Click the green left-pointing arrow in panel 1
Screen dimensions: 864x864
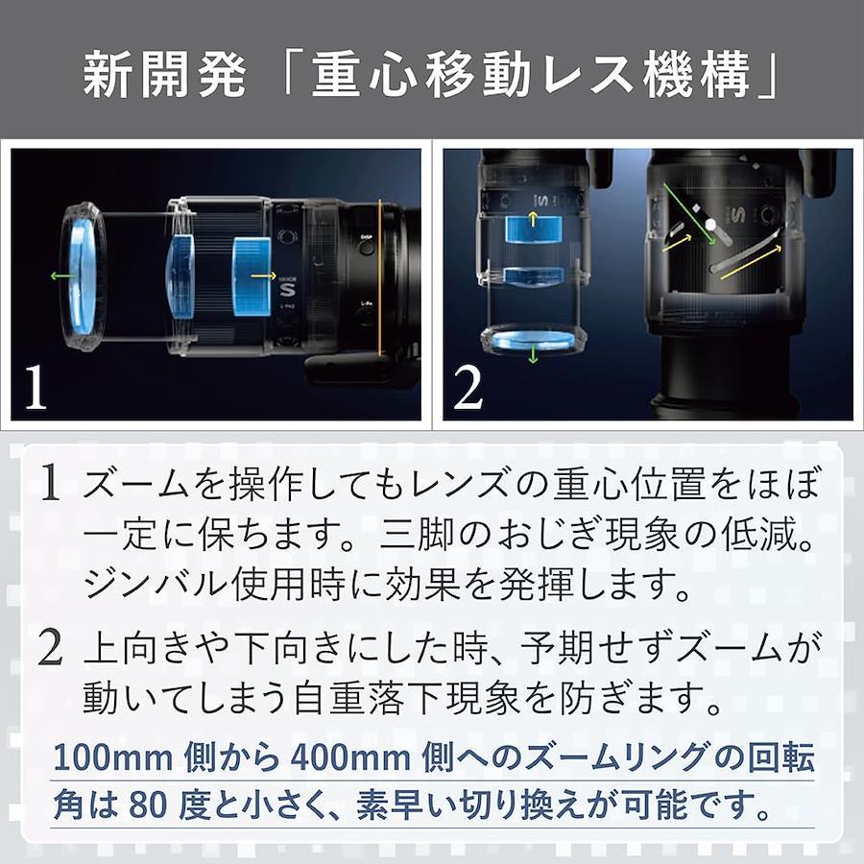[x=62, y=276]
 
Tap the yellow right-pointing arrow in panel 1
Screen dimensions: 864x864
[x=263, y=276]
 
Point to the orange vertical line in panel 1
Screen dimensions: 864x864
[x=379, y=277]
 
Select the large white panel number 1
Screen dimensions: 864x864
[x=36, y=386]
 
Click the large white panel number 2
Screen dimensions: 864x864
[x=468, y=388]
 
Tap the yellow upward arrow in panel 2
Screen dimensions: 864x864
[x=532, y=218]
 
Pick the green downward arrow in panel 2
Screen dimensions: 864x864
[x=533, y=353]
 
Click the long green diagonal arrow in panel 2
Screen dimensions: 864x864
[x=688, y=215]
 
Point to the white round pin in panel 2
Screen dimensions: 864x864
[x=710, y=225]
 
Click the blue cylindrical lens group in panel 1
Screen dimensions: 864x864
[x=252, y=277]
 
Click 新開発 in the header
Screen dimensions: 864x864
[x=164, y=74]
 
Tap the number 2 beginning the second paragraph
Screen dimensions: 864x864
[x=50, y=648]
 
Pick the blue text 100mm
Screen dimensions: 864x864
[x=113, y=757]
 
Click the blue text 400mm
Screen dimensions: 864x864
[x=351, y=757]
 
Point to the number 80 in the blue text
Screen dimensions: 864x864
[x=148, y=805]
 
